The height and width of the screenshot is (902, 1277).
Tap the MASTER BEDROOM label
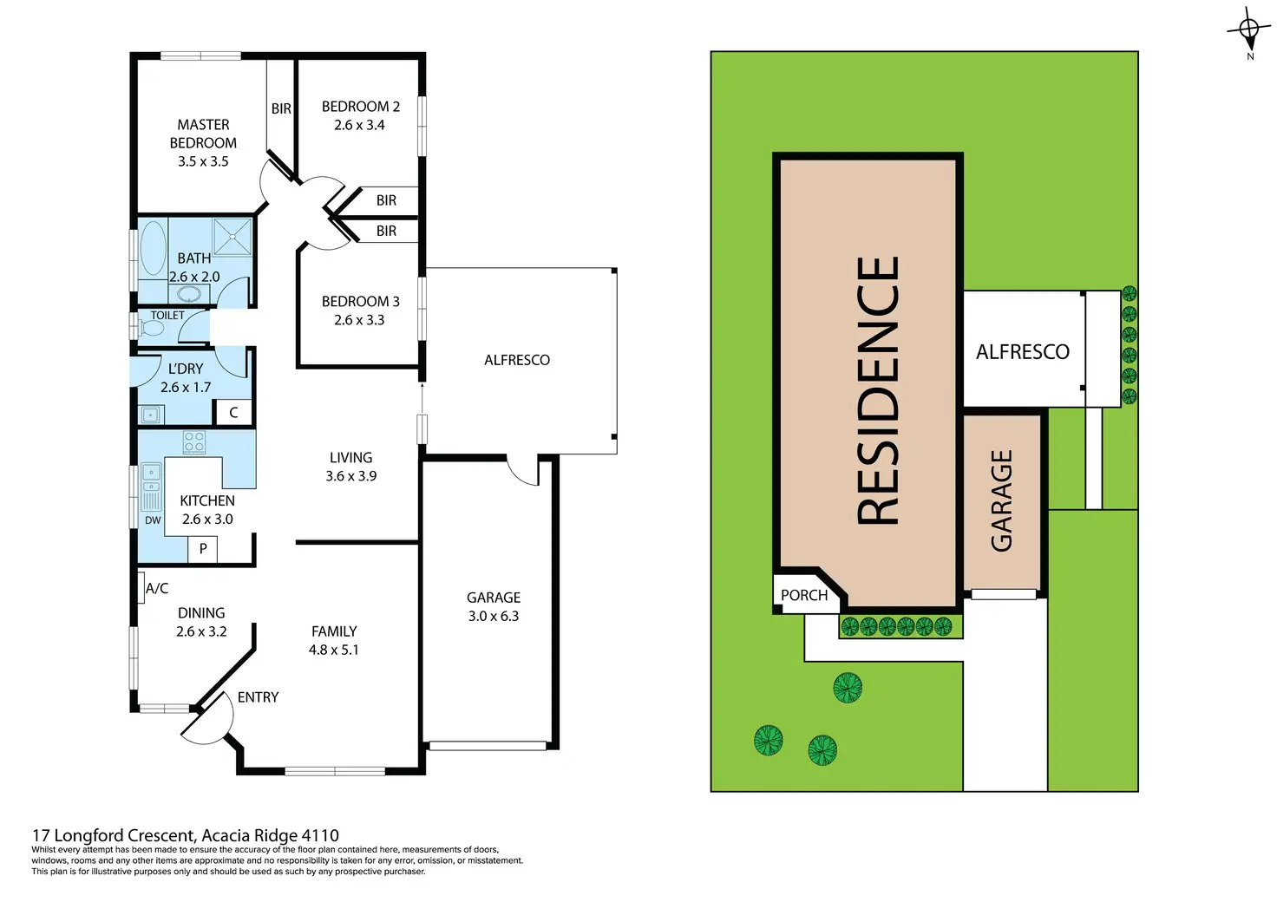203,134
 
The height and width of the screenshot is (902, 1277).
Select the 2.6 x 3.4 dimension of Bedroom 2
359,125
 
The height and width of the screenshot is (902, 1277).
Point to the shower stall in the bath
232,236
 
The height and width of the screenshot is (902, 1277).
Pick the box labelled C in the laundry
233,413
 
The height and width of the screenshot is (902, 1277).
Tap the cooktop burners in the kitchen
194,441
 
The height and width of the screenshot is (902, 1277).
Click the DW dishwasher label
153,520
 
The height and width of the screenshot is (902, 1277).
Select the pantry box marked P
203,548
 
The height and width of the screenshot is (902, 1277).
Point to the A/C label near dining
157,588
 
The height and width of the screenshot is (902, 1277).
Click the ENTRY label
258,697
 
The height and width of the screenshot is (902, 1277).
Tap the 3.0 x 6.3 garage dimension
494,617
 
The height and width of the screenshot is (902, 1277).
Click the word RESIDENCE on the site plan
878,390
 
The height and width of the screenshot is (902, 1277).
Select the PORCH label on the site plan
804,595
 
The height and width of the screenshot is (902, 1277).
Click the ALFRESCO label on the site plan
1022,351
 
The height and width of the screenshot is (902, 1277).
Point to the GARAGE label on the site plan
1002,500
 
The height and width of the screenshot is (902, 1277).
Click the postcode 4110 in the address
320,836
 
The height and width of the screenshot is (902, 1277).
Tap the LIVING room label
350,457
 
